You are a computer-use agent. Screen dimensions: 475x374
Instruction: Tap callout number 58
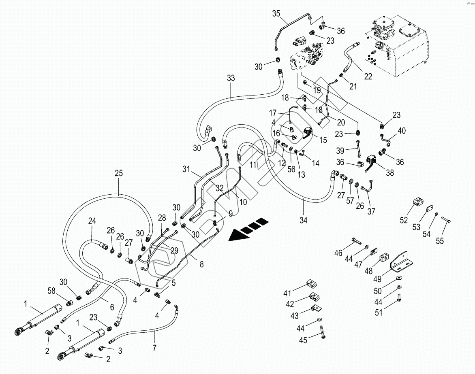tap(51, 291)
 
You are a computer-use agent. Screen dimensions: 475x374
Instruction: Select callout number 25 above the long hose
tap(119, 173)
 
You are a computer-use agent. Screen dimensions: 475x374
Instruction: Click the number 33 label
tap(231, 78)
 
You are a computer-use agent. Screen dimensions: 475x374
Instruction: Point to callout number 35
tap(276, 14)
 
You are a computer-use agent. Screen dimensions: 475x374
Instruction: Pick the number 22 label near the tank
tap(368, 76)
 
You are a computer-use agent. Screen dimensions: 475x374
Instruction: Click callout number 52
tap(404, 220)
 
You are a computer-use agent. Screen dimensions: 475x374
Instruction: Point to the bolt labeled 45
tap(322, 331)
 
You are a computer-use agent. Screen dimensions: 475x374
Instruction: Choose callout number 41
tap(287, 293)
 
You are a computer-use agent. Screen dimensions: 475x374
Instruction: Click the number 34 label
tap(303, 220)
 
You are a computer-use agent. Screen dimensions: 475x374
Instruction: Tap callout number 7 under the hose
tap(154, 348)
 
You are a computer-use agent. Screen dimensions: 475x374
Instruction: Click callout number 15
tap(323, 140)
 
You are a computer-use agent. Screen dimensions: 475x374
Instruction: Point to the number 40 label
tap(401, 131)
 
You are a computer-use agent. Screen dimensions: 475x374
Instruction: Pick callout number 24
tap(92, 221)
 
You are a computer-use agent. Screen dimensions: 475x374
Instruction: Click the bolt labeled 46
tap(356, 242)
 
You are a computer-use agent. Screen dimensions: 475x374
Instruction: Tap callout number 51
tap(379, 312)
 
